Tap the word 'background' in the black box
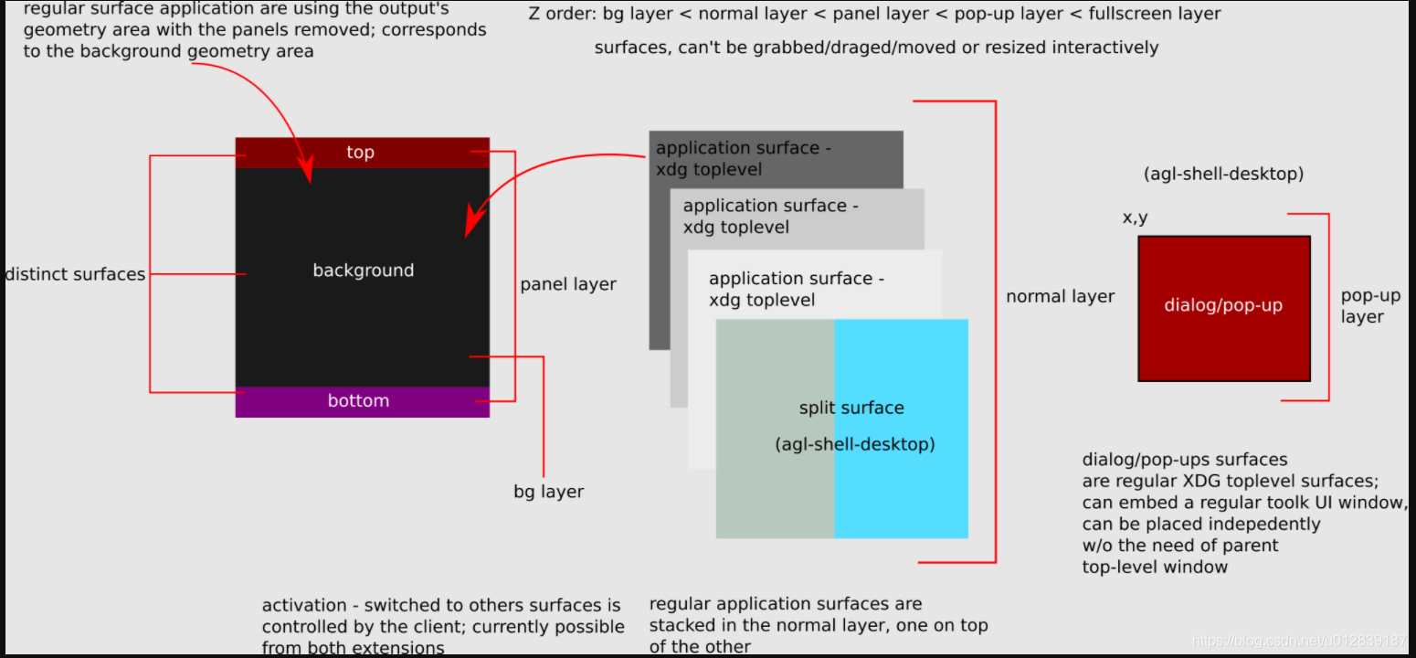[363, 271]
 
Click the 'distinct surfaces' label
[75, 274]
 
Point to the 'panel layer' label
[567, 285]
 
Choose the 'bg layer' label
[548, 492]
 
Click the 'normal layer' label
[1060, 296]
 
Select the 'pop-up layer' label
[1369, 306]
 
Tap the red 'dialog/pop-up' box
[1223, 307]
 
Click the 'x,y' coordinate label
[1135, 218]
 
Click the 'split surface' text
[851, 409]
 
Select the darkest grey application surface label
[743, 158]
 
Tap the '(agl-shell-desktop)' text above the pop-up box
[1222, 174]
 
